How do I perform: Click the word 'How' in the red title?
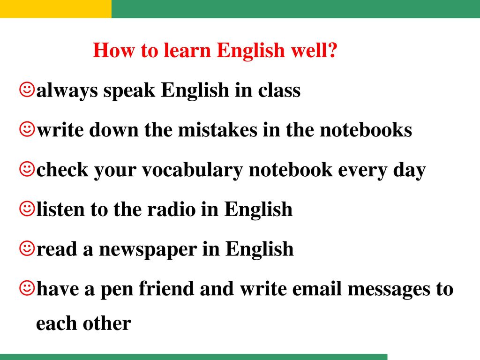tap(113, 50)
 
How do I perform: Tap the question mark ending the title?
tap(332, 50)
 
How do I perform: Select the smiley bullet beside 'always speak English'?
tap(27, 90)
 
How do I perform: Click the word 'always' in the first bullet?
tap(67, 91)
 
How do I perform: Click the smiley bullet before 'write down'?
tap(27, 129)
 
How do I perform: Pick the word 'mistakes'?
tap(217, 130)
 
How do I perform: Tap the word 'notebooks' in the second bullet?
tap(366, 130)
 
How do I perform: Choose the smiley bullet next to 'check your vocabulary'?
tap(27, 169)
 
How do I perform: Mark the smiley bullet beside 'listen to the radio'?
tap(27, 209)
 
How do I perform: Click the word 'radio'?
tap(172, 210)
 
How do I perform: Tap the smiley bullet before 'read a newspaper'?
tap(27, 248)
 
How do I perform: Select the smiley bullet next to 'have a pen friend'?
tap(27, 288)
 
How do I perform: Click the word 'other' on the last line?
tap(107, 323)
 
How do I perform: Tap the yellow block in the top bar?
tap(56, 9)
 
